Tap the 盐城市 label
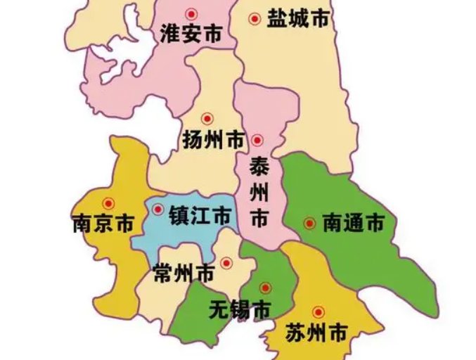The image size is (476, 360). click(298, 20)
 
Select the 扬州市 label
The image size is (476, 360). click(212, 141)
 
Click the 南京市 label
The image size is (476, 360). click(103, 224)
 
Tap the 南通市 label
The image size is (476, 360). click(353, 224)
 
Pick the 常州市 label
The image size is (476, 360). click(184, 271)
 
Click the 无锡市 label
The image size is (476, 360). click(240, 309)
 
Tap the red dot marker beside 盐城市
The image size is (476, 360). click(255, 19)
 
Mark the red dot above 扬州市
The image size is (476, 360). click(207, 119)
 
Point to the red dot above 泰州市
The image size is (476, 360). click(258, 140)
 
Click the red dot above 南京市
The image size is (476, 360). click(108, 202)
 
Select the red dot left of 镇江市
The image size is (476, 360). click(158, 210)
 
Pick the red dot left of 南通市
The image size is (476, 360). click(309, 224)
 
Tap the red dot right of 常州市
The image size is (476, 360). click(226, 263)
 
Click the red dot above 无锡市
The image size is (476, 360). click(265, 287)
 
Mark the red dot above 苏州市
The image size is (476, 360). click(318, 311)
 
